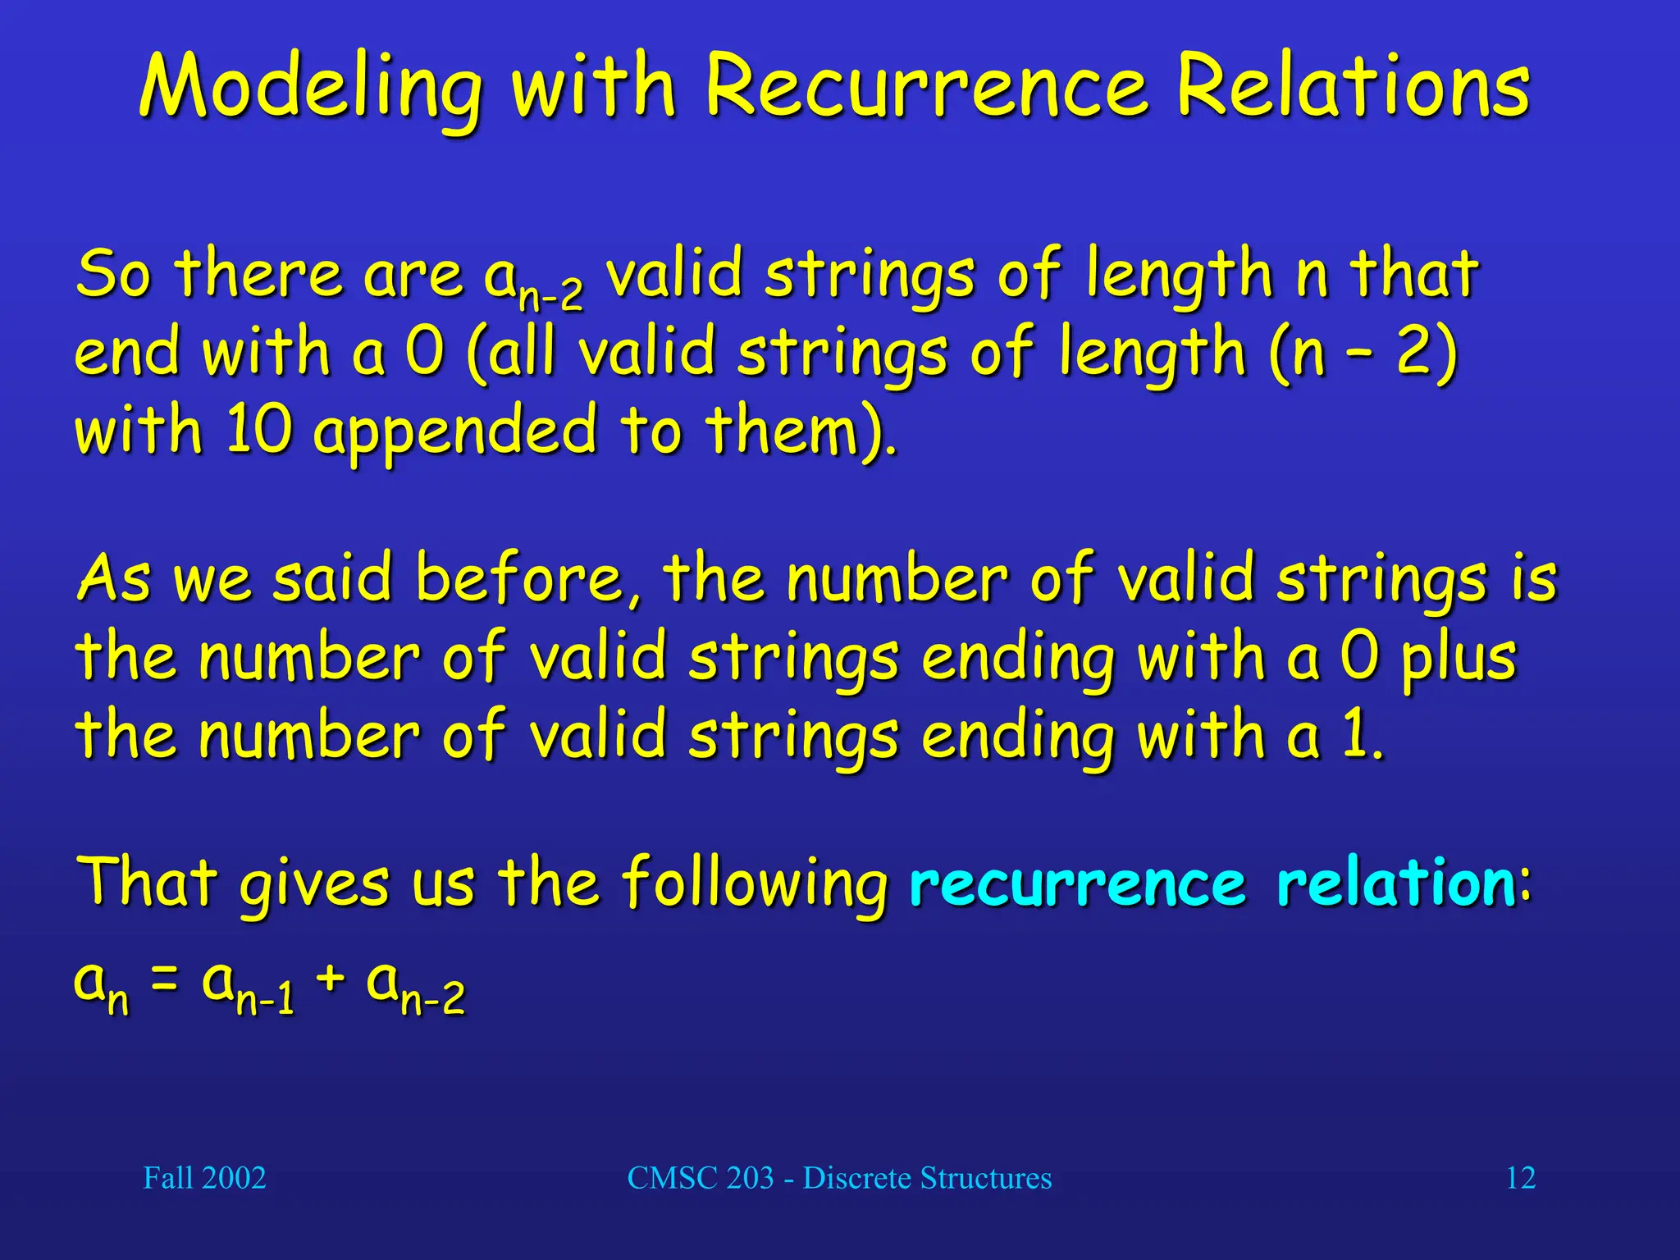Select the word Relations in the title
1353,86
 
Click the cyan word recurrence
1078,883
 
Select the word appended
455,432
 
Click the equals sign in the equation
165,979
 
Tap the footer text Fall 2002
204,1178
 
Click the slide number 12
1520,1178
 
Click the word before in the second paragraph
521,578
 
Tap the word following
754,883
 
